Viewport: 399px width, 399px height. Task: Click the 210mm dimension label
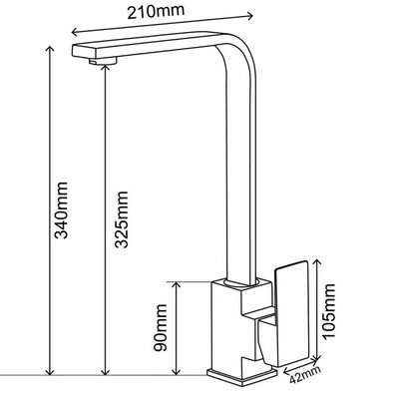point(156,11)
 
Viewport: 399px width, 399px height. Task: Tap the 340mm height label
point(62,210)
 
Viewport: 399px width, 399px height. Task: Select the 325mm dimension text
point(121,219)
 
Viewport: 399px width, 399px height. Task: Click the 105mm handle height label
point(328,311)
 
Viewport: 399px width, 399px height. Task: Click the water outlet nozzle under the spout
point(103,61)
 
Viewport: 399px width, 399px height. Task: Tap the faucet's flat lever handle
point(292,314)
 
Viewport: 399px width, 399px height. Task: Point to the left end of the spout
point(73,51)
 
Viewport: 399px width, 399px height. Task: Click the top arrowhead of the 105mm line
point(318,261)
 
